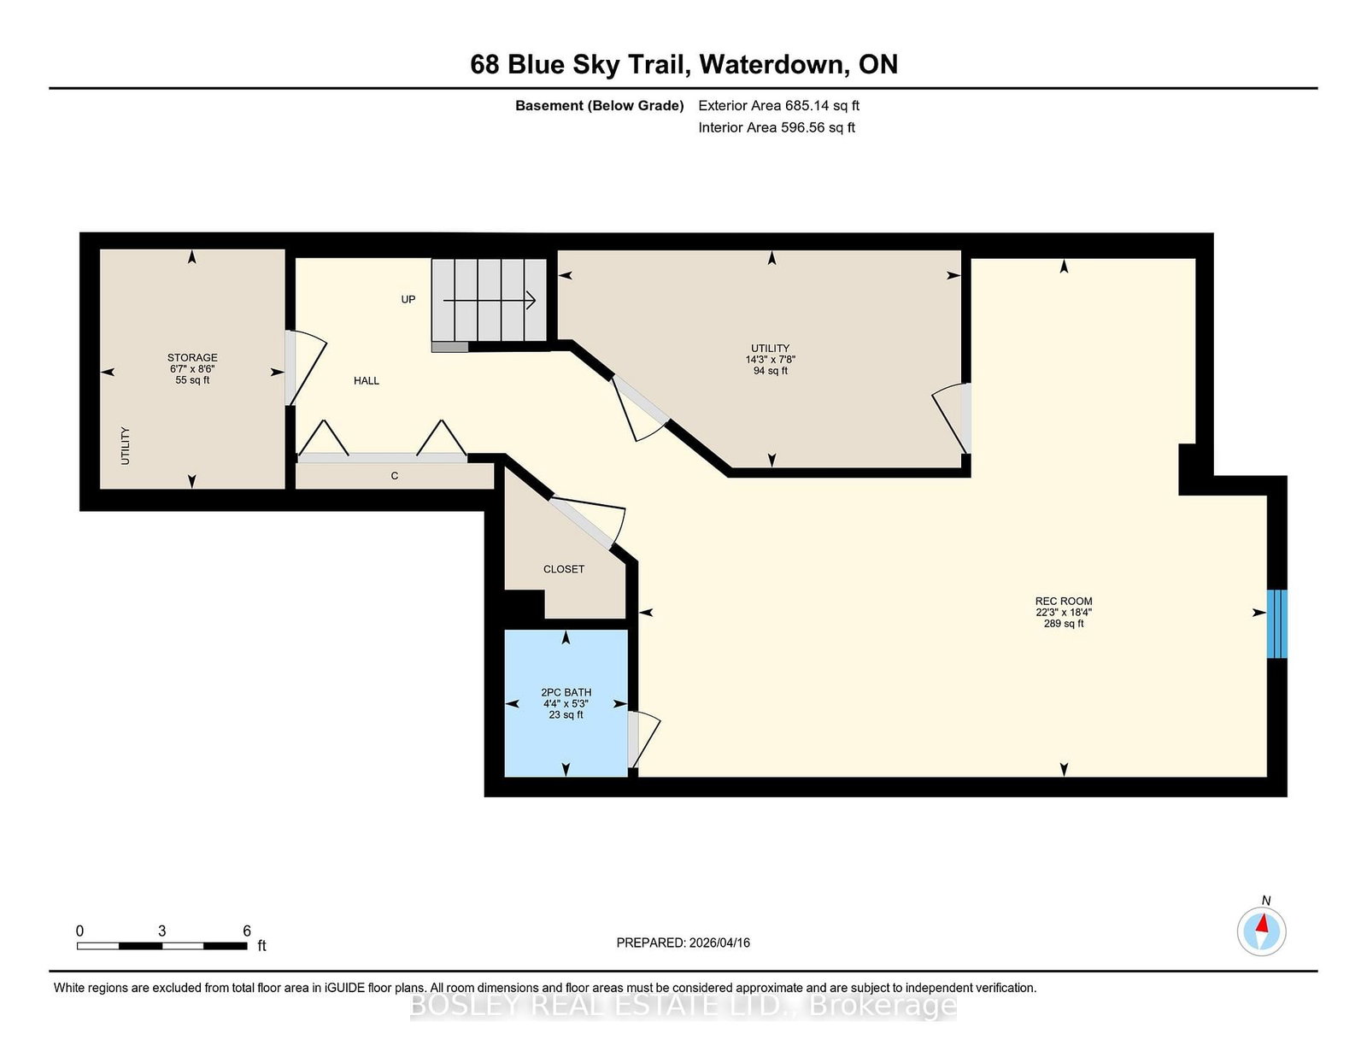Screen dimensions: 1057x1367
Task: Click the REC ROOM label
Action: (x=1063, y=601)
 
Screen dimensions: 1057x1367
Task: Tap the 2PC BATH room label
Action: (x=566, y=692)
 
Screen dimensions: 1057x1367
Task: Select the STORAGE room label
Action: (x=192, y=357)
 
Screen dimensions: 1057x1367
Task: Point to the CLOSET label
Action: (x=564, y=569)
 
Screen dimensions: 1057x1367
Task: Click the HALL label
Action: (x=367, y=381)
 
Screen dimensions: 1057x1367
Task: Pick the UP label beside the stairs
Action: (x=408, y=299)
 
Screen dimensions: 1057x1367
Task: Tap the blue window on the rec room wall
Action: (x=1276, y=624)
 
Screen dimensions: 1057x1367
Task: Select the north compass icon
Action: (x=1261, y=931)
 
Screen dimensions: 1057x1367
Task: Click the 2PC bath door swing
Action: (x=645, y=739)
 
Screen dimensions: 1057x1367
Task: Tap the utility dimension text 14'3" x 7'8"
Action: (x=770, y=360)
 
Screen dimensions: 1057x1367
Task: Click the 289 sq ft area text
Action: (x=1063, y=624)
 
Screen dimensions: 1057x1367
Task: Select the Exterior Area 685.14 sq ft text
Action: (x=778, y=106)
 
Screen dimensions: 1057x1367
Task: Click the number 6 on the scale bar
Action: (x=247, y=931)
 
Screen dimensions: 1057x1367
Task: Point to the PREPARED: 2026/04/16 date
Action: (x=683, y=942)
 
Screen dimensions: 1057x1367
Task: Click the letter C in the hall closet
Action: (x=395, y=476)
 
